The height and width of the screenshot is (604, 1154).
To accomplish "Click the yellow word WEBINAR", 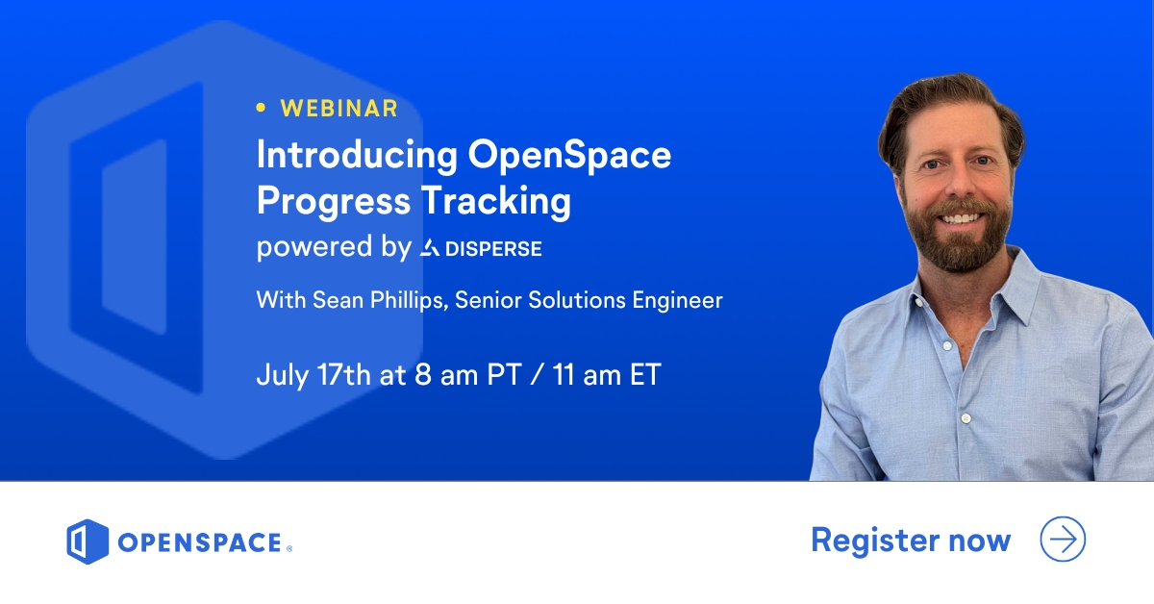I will click(339, 109).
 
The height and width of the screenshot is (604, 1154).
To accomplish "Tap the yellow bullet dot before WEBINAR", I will click(261, 109).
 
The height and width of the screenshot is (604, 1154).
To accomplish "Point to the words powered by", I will click(333, 248).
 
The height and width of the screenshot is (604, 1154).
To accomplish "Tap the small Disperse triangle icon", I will click(430, 249).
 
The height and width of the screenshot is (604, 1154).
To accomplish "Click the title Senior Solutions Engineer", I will click(589, 300).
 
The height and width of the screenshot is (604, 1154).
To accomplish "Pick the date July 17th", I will click(313, 374).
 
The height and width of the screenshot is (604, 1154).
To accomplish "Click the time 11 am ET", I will click(607, 374).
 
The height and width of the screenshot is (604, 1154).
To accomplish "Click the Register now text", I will click(910, 540).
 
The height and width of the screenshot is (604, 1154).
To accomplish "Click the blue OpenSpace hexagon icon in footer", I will click(87, 541).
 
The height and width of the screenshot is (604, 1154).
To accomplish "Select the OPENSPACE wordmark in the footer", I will click(200, 542).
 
